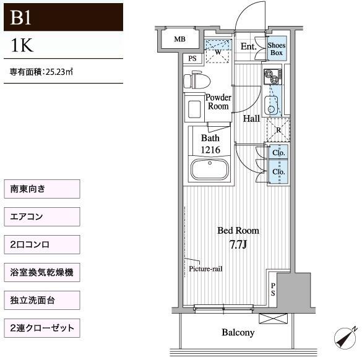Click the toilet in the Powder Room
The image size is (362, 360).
(197, 80)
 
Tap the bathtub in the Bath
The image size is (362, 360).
(209, 169)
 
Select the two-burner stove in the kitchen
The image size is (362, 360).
(273, 77)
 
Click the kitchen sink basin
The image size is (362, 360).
(271, 105)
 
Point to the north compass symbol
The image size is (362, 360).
(346, 338)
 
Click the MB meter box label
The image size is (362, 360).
(179, 39)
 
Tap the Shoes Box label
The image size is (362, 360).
(277, 49)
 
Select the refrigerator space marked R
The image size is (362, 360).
(278, 130)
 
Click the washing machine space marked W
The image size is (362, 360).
(218, 51)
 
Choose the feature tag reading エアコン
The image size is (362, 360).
(42, 216)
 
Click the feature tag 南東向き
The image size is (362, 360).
(42, 189)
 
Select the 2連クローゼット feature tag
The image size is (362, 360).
(42, 328)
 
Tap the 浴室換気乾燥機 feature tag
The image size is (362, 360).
(42, 272)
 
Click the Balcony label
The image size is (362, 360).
(238, 333)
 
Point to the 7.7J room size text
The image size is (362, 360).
(238, 244)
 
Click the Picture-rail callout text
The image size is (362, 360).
(205, 269)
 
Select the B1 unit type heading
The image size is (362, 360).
(20, 18)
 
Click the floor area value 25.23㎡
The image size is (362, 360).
(59, 72)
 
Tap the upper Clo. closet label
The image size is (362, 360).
(278, 153)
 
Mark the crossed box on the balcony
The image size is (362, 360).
(273, 319)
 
